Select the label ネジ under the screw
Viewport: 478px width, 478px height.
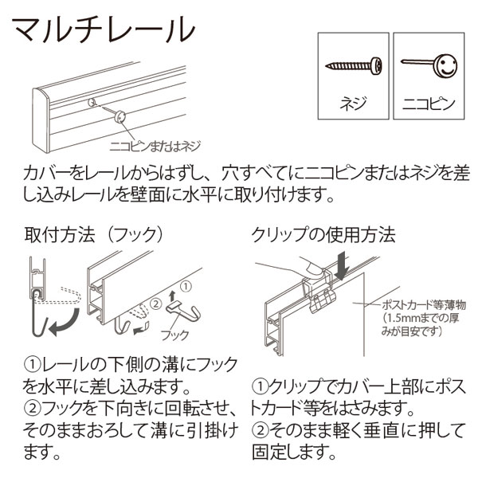coord(352,103)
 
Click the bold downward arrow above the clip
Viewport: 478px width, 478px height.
coord(342,264)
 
